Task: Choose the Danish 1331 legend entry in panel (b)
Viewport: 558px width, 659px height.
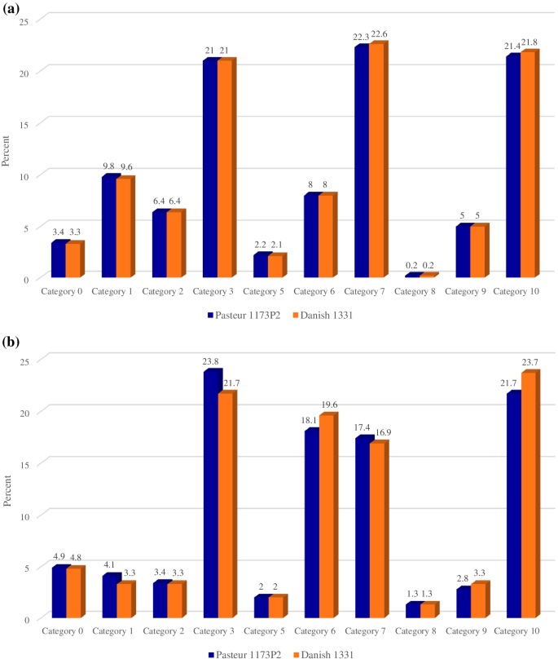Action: [x=328, y=653]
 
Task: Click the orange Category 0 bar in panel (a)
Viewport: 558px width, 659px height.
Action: [x=72, y=261]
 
